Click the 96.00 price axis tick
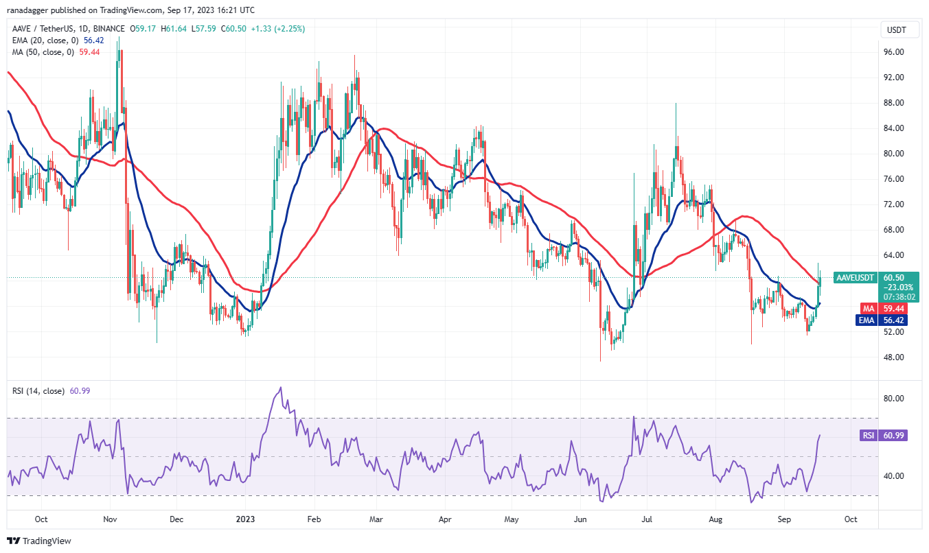(x=893, y=52)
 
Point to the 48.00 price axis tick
(x=893, y=357)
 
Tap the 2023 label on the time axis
(x=245, y=519)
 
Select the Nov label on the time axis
(x=111, y=519)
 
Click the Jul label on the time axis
(x=648, y=519)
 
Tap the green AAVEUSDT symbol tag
(x=855, y=278)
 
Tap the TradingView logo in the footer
(x=40, y=541)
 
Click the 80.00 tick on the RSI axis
(x=893, y=399)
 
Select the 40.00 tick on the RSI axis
(x=893, y=476)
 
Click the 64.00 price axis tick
(x=893, y=255)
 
